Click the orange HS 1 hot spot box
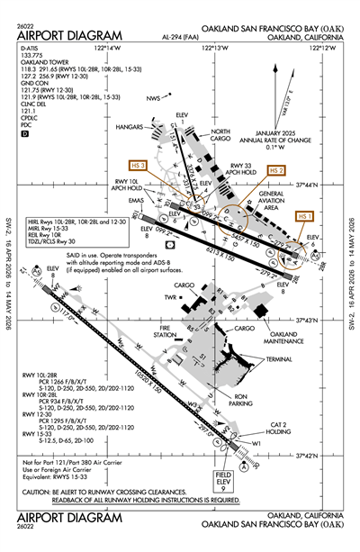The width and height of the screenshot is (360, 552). pyautogui.click(x=305, y=216)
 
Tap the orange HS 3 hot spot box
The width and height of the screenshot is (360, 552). pyautogui.click(x=138, y=166)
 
